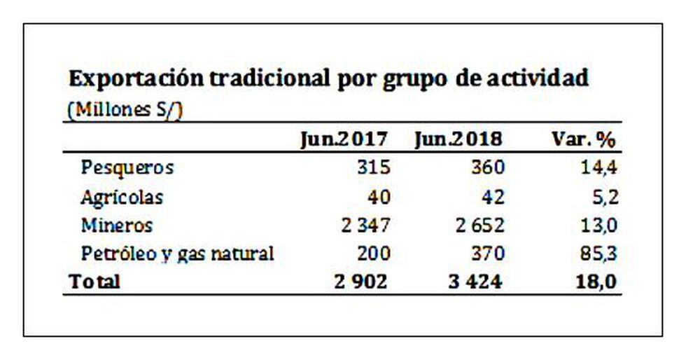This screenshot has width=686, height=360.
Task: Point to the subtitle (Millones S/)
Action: [126, 111]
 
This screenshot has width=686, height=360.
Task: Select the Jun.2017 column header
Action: [343, 139]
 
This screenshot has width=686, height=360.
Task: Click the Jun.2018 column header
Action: [458, 139]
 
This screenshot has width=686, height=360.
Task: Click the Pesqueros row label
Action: [127, 168]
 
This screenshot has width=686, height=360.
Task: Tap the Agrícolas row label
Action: [122, 198]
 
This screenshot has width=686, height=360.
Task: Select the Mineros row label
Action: [116, 226]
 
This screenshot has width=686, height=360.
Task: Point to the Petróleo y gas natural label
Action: [177, 254]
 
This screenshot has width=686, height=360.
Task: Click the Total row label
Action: [94, 282]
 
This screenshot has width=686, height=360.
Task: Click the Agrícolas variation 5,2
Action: [604, 198]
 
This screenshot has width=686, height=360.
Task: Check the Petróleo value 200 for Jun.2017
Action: [369, 254]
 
